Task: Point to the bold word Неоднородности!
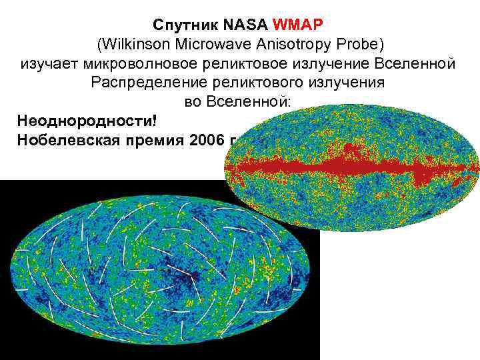pos(79,122)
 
